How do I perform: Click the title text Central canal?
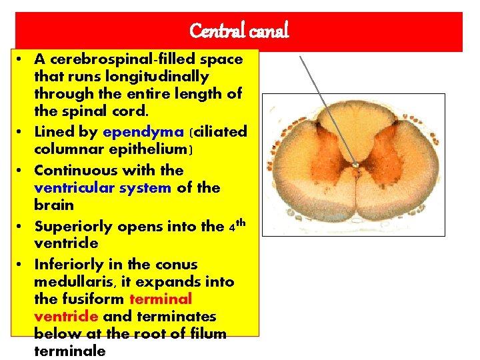tap(239, 31)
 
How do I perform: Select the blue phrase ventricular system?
tap(103, 188)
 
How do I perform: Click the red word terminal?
tap(161, 299)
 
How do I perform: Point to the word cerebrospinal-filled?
tap(116, 59)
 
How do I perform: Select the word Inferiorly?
tap(66, 264)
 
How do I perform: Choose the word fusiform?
tap(92, 299)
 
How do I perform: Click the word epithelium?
tap(148, 150)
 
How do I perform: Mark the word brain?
tap(53, 205)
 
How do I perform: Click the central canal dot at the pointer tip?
tap(356, 165)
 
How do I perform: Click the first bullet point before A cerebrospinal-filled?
tap(21, 59)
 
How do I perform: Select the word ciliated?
tap(219, 132)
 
